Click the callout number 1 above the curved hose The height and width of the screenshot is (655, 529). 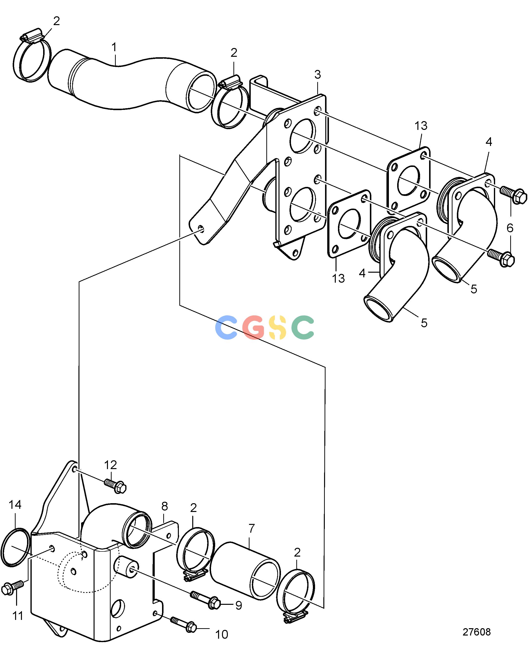114,47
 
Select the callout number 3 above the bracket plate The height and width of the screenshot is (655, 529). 317,74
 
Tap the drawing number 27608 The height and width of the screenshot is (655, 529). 477,632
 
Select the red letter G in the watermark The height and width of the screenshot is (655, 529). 253,327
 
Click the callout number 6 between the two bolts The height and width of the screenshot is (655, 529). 510,228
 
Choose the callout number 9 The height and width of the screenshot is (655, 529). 239,606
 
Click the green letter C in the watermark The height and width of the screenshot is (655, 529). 303,327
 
